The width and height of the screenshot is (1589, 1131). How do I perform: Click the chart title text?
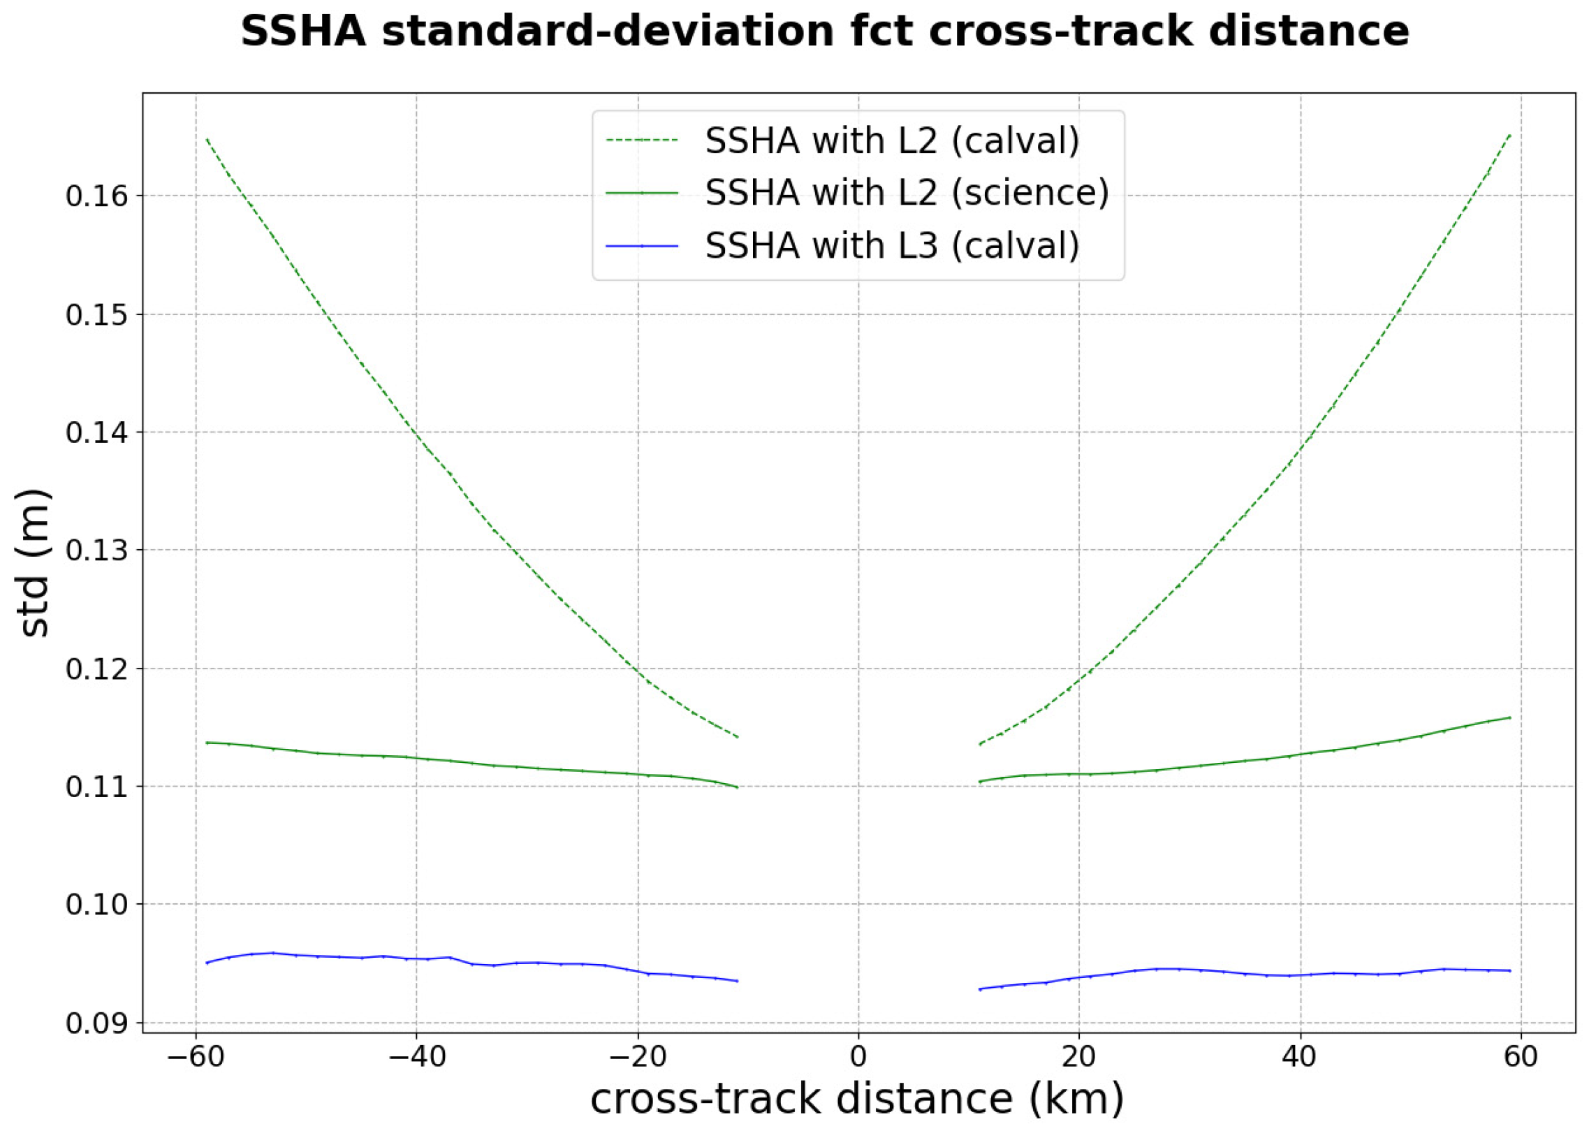click(x=825, y=31)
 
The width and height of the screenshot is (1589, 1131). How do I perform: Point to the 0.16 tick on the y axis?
click(x=97, y=196)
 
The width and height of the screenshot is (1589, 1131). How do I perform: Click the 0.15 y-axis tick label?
click(x=97, y=315)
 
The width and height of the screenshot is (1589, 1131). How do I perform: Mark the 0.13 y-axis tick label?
click(x=97, y=550)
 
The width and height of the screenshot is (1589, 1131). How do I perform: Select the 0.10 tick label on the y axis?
click(x=97, y=905)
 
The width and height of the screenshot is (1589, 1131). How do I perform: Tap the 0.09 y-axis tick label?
click(x=97, y=1023)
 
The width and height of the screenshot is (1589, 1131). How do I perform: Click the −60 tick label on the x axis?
click(x=196, y=1056)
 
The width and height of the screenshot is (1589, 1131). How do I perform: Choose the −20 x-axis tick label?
click(x=637, y=1056)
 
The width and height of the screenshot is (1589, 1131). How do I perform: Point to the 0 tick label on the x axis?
click(x=858, y=1056)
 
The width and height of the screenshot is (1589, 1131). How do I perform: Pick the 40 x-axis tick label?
click(x=1300, y=1056)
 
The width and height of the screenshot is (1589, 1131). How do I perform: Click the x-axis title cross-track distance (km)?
click(x=858, y=1099)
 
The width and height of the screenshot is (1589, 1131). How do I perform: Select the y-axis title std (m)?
click(x=34, y=562)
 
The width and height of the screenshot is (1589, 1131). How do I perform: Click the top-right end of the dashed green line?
click(x=1510, y=134)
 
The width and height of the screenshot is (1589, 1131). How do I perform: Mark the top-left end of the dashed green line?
click(x=207, y=139)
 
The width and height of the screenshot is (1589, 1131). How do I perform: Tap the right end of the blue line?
click(x=1510, y=970)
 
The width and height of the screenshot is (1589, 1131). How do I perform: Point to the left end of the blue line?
click(x=207, y=963)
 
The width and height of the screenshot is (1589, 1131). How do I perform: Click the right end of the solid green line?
click(x=1510, y=717)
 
